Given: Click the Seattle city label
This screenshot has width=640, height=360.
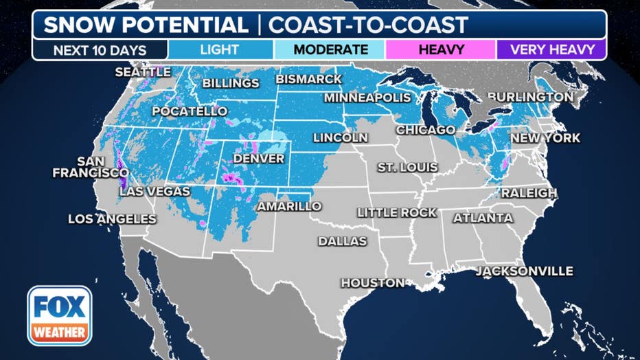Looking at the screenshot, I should pos(143,72).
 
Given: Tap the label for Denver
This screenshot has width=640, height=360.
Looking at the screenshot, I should pos(258,159).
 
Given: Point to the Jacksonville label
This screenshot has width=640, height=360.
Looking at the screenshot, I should pos(525,271).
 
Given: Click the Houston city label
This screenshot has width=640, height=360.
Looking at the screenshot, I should pos(374,283).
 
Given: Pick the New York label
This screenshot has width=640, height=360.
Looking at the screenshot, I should pos(545,138).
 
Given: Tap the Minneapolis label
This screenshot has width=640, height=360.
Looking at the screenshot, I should pos(367,98).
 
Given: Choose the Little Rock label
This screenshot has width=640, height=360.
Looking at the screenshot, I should pos(397,213).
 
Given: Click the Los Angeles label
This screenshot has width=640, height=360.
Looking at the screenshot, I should pos(112,219).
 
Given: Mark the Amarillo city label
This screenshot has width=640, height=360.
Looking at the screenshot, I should pos(289,206).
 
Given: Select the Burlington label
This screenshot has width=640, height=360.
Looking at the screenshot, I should pos(530,97).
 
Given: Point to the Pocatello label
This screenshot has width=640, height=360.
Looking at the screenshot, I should pos(190,111).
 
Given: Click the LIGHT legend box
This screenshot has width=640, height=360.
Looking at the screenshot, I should pos(220,49).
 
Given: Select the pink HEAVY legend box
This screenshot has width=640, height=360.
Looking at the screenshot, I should pos(440,49).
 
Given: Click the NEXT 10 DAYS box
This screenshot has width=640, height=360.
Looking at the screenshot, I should pos(100,49).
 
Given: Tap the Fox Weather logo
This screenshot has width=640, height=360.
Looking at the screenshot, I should pos(60,316).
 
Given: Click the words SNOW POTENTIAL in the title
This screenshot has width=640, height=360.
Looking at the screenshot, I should pos(146,25).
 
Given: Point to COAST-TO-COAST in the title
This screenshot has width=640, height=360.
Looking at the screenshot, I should pos(368,25).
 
